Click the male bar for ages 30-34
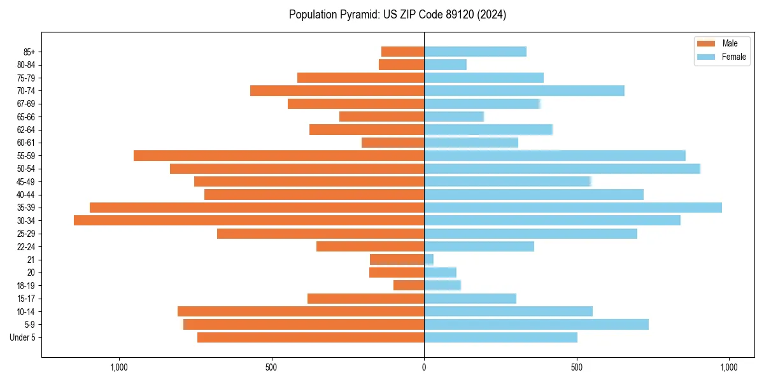point(249,220)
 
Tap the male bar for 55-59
point(279,155)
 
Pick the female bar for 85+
point(475,52)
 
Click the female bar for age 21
point(429,260)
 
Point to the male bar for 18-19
point(409,285)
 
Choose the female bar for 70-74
point(524,90)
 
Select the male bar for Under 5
point(311,337)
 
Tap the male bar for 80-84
point(402,64)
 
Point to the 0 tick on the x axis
point(424,367)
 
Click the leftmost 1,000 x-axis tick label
point(119,367)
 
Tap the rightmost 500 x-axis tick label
point(576,367)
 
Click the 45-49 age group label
point(25,181)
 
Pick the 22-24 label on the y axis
point(25,246)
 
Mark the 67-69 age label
point(25,104)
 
